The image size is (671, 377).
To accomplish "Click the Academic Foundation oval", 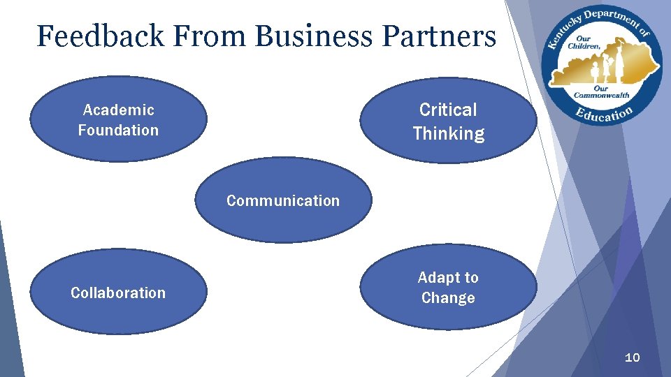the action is tap(119, 119).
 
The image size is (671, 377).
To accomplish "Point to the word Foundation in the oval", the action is tap(118, 130).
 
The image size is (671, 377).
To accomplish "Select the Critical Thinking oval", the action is tap(448, 120).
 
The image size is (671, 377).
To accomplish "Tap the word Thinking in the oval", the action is tap(448, 133).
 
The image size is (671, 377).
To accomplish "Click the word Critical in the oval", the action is tap(448, 110).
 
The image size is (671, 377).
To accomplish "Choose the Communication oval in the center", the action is tap(283, 200).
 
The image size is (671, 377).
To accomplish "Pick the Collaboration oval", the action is tap(118, 293).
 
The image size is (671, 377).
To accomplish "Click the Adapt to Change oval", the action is tap(448, 287).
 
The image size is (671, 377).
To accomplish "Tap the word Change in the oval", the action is tap(448, 298).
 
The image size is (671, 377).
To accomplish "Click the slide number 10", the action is tap(632, 357).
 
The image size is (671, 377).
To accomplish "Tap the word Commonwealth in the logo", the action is tap(601, 95).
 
